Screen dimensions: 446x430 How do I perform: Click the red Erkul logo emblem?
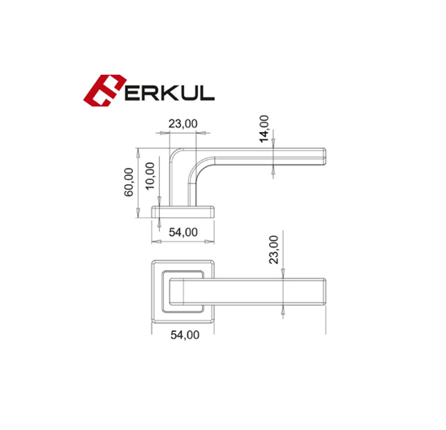pyautogui.click(x=104, y=91)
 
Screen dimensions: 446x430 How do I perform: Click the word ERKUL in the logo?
pyautogui.click(x=169, y=92)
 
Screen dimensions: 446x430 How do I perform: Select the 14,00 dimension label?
pyautogui.click(x=264, y=129)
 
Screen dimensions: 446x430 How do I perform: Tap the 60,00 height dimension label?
pyautogui.click(x=129, y=182)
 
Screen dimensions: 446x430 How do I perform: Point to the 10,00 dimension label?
pyautogui.click(x=150, y=176)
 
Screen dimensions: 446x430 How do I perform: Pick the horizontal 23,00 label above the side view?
pyautogui.click(x=183, y=124)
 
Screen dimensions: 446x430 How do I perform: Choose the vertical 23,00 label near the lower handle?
pyautogui.click(x=274, y=250)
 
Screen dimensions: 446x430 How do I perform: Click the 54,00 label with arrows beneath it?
pyautogui.click(x=183, y=233)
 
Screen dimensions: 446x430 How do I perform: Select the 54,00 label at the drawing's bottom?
pyautogui.click(x=185, y=335)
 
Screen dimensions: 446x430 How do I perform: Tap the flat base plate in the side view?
pyautogui.click(x=183, y=212)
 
